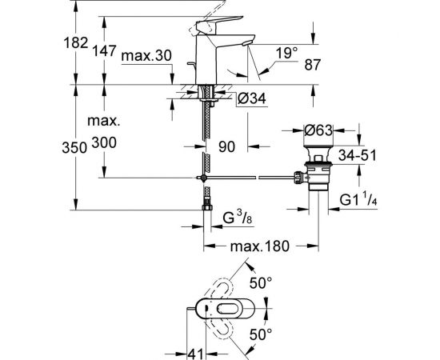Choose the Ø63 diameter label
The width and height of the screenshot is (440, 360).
pyautogui.click(x=320, y=129)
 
